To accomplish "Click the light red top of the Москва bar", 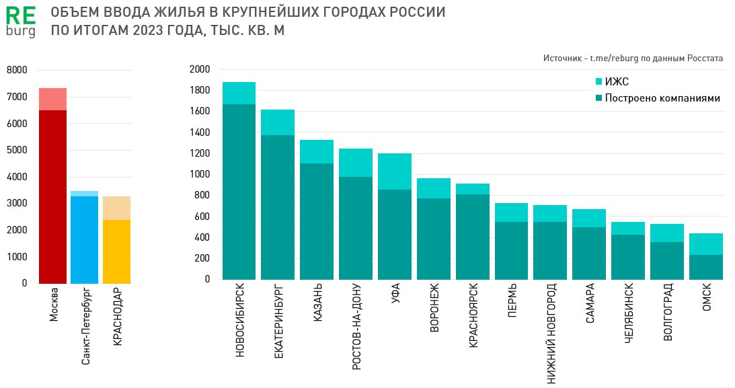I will [52, 99].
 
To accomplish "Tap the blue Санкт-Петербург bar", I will [85, 239].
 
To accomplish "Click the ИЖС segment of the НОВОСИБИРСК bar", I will [239, 93].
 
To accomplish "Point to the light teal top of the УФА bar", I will [395, 171].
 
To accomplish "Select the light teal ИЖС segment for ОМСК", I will [706, 244].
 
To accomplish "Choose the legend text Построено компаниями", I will [662, 98].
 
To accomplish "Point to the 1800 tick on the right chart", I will [200, 90].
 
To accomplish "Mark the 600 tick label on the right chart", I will [202, 217].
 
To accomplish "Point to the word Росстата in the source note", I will [705, 59].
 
